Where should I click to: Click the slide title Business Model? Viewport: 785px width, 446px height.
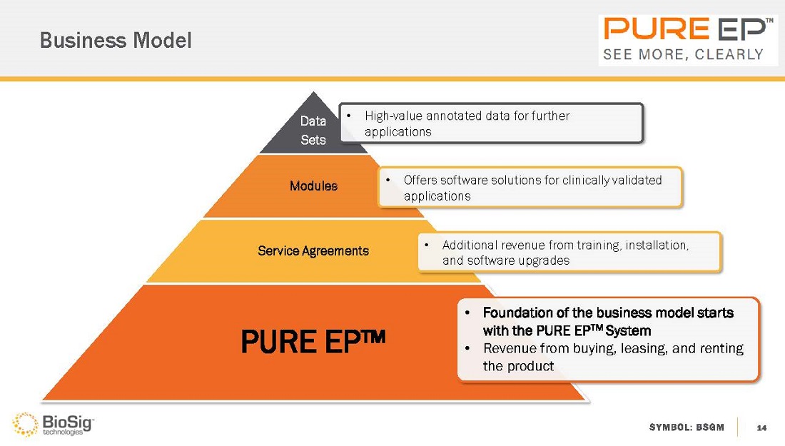(116, 41)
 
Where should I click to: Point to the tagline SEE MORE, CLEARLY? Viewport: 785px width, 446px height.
(684, 54)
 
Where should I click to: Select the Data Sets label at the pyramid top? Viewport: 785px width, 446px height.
(313, 131)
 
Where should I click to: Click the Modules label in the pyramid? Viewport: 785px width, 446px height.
(313, 186)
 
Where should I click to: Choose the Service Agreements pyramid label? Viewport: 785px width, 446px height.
(313, 251)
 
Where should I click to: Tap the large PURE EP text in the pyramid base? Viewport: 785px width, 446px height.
(313, 343)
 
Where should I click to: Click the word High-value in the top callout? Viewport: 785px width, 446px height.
(391, 116)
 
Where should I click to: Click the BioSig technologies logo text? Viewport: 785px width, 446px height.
(68, 423)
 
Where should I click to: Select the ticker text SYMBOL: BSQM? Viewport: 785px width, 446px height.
(687, 427)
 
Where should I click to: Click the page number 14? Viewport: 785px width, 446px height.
(761, 427)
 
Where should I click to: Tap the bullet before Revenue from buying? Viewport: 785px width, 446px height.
(467, 349)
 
